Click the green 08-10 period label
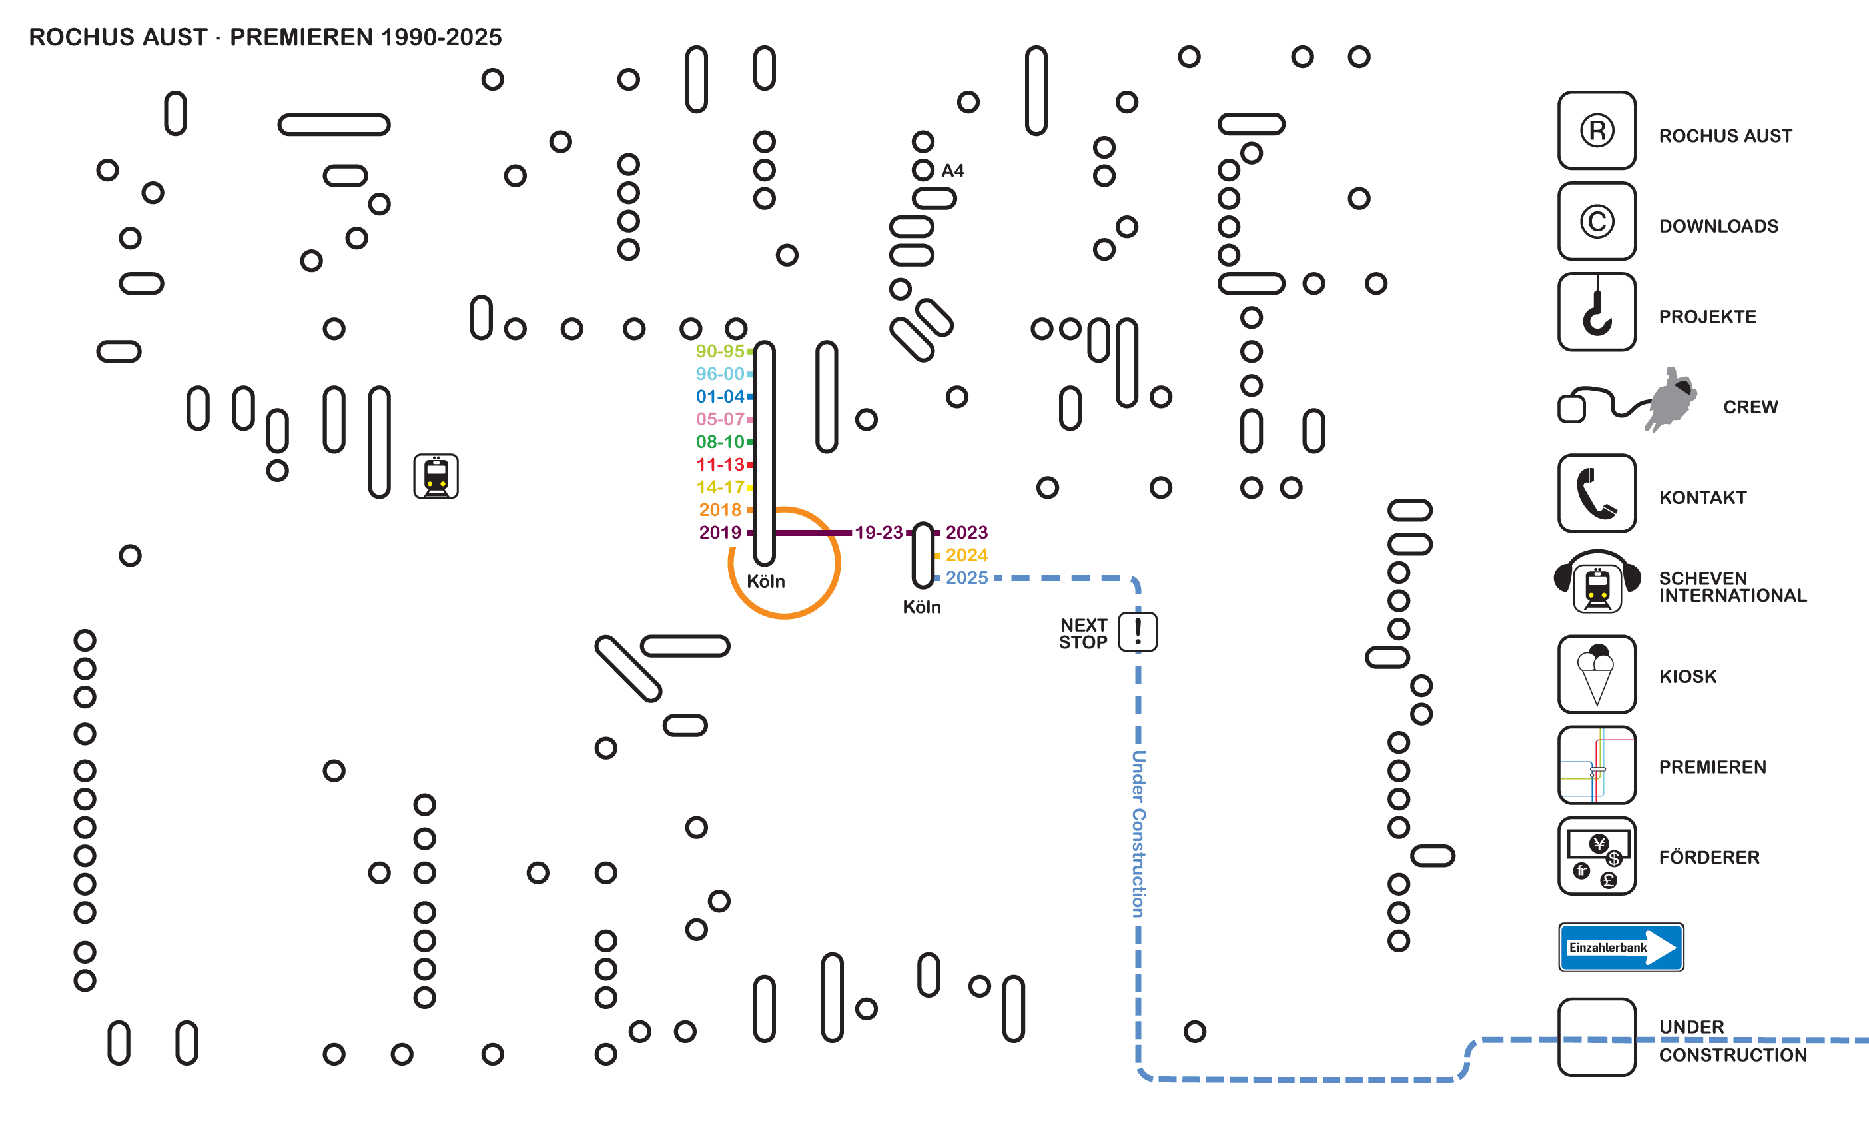[720, 442]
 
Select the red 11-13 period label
[720, 465]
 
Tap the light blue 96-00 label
[720, 373]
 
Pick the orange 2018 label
[720, 510]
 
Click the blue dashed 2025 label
[966, 578]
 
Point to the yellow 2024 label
[966, 555]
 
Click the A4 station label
[952, 171]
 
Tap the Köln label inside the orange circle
[765, 582]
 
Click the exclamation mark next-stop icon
[1137, 632]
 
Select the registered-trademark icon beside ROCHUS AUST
[1597, 131]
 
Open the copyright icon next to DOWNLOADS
[1597, 221]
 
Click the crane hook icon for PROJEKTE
[1597, 312]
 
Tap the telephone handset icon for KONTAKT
[1597, 493]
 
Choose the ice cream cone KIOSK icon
[1597, 674]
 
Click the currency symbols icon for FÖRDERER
[1597, 856]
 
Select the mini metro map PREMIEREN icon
[1597, 765]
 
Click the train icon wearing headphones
[1597, 584]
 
